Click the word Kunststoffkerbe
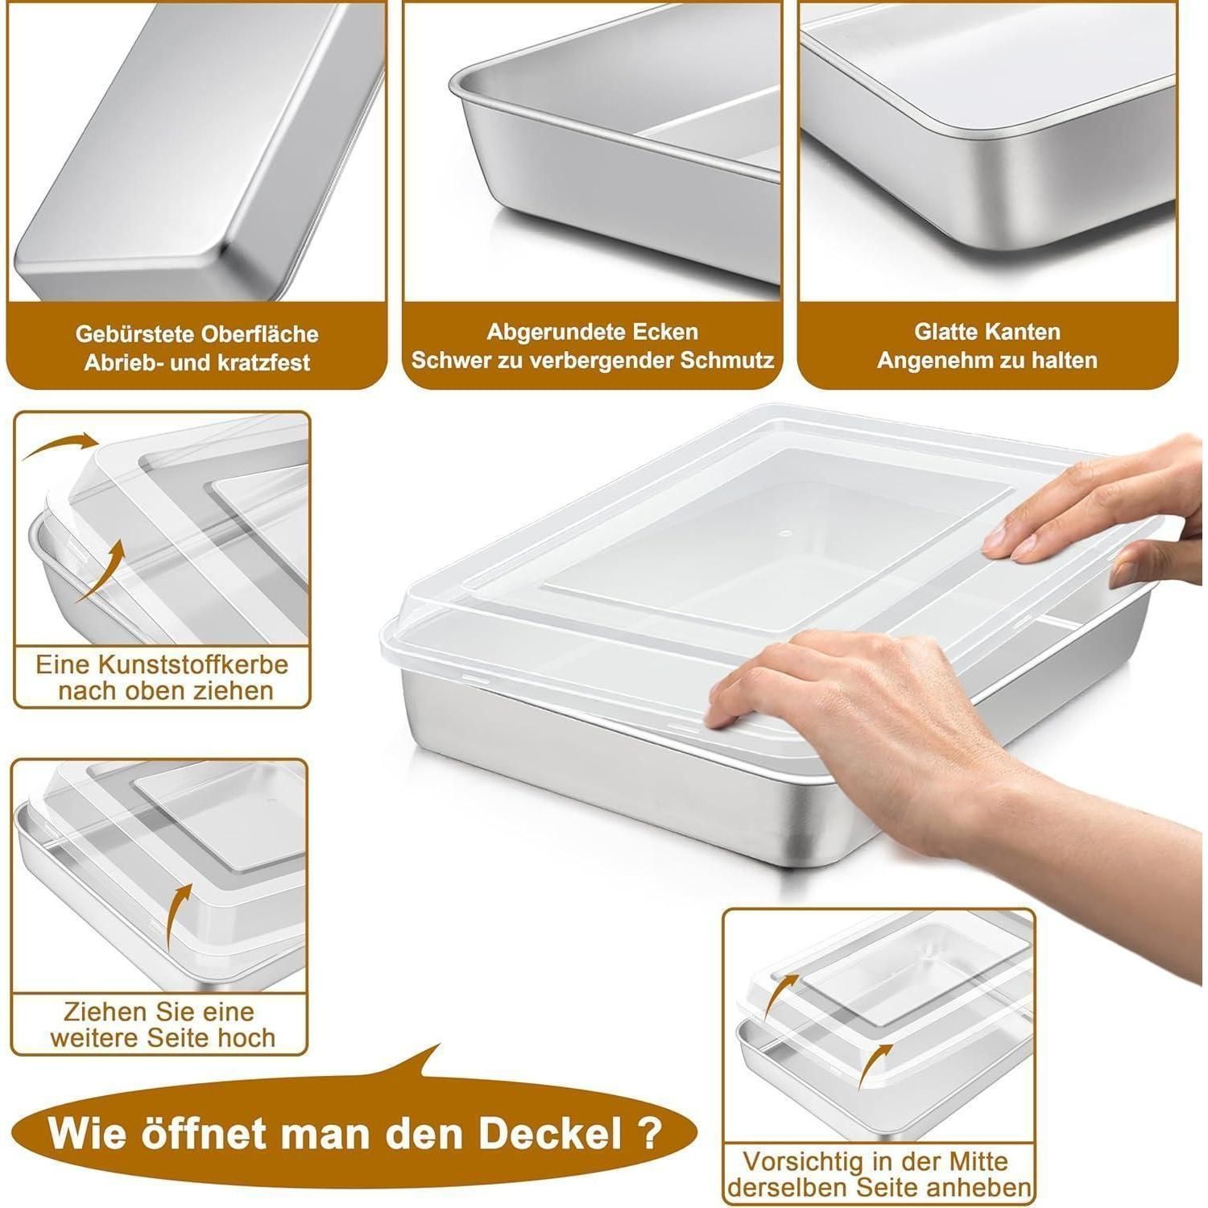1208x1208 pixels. pos(193,665)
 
